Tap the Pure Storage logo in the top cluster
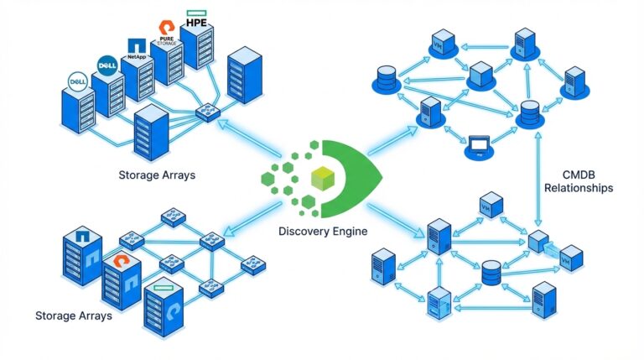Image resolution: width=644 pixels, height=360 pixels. (x=165, y=32)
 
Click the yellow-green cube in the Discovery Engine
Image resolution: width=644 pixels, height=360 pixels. (x=321, y=177)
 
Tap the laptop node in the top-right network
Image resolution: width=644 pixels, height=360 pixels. (x=479, y=147)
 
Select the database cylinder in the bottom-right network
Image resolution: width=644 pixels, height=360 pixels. (x=491, y=272)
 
